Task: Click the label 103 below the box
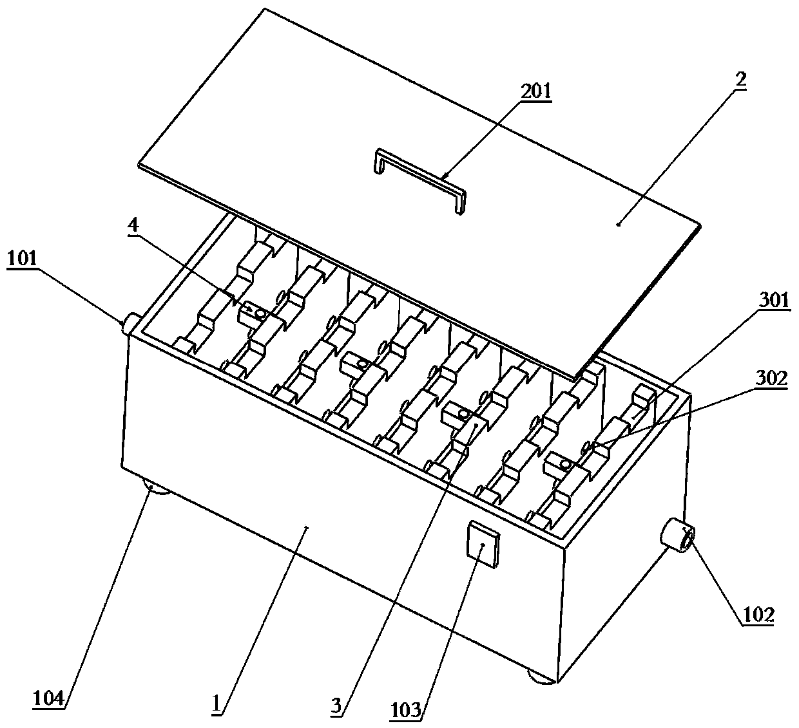409,710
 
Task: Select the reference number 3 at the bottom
336,706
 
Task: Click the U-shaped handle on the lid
419,178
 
